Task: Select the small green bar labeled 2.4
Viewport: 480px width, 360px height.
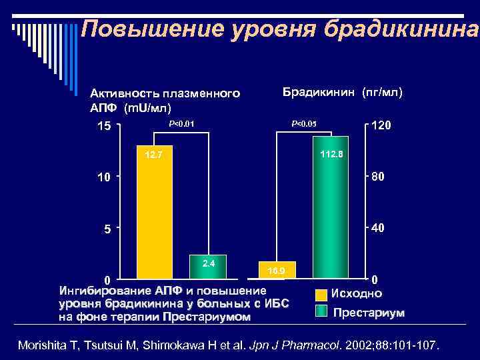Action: (207, 265)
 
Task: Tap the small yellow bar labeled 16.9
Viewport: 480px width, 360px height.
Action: (276, 269)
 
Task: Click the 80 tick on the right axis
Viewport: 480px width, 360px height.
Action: (378, 177)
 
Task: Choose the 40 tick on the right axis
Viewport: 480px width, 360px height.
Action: (378, 228)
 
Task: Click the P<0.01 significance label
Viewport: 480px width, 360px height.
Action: (181, 123)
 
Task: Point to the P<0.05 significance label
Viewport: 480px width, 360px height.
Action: (304, 123)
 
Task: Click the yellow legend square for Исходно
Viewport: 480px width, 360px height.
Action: (321, 294)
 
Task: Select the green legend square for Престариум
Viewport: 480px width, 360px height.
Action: (321, 311)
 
